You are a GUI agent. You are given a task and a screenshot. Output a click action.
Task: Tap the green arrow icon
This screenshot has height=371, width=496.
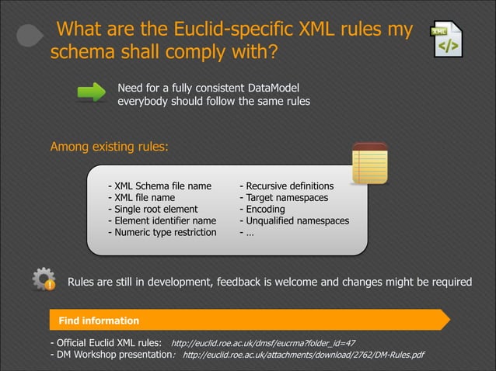pyautogui.click(x=92, y=92)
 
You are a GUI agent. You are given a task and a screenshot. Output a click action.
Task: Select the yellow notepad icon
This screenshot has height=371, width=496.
pyautogui.click(x=369, y=164)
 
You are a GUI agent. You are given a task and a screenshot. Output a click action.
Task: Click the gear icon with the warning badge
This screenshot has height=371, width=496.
pyautogui.click(x=44, y=280)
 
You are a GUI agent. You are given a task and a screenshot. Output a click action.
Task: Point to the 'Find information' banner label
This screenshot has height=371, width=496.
pyautogui.click(x=99, y=321)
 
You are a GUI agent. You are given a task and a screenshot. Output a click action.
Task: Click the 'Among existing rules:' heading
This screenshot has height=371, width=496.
pyautogui.click(x=109, y=147)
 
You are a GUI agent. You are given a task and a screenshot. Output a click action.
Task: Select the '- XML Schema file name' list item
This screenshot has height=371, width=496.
pyautogui.click(x=159, y=186)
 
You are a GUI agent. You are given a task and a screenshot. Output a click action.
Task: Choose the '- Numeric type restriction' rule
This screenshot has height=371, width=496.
pyautogui.click(x=162, y=232)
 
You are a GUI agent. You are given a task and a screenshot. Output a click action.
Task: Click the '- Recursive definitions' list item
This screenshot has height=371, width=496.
pyautogui.click(x=286, y=186)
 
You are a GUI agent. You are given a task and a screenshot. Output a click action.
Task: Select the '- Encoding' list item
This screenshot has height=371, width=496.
pyautogui.click(x=264, y=209)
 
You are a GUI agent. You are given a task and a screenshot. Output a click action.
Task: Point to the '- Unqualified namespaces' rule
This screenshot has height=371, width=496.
pyautogui.click(x=294, y=220)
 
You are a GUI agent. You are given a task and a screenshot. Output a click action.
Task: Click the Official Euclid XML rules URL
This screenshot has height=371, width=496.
pyautogui.click(x=263, y=343)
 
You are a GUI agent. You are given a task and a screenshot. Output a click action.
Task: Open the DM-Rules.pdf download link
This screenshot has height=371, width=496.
pyautogui.click(x=303, y=355)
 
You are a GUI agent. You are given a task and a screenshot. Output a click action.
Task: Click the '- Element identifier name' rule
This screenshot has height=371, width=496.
pyautogui.click(x=162, y=220)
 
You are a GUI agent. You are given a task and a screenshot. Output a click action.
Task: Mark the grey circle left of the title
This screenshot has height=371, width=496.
pyautogui.click(x=30, y=36)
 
